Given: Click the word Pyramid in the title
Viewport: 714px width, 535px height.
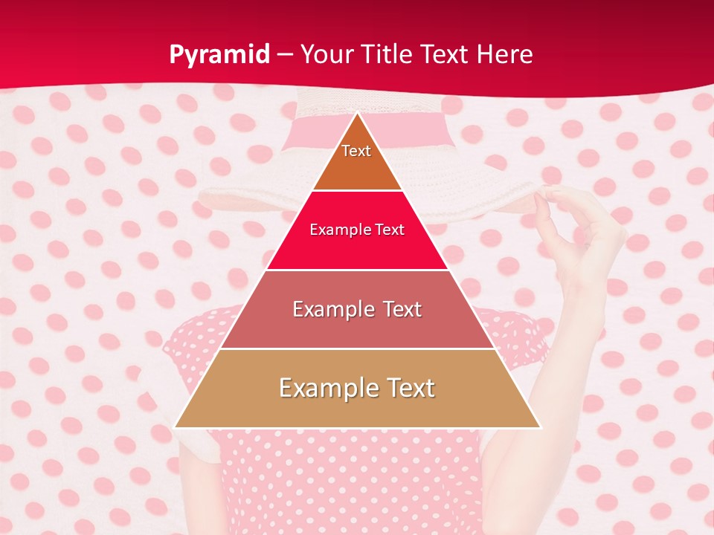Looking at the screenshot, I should (x=219, y=54).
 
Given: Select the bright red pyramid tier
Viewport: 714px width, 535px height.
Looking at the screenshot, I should (x=357, y=245).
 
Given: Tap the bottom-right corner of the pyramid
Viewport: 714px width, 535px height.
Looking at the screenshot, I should (x=539, y=427).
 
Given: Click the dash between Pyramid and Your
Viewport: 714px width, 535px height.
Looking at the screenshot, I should (x=285, y=55).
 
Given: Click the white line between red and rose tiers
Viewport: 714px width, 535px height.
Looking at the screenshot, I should (x=357, y=270).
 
